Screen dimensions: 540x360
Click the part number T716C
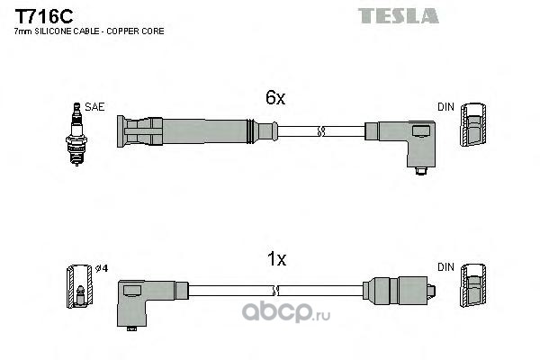tap(44, 16)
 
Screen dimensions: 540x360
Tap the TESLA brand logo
tap(398, 16)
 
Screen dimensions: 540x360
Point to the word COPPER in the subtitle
tap(121, 31)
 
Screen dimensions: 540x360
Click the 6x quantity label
tap(275, 98)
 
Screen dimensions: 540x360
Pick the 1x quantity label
tap(276, 259)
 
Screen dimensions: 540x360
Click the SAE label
tap(94, 107)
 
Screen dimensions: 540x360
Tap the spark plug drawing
tap(76, 134)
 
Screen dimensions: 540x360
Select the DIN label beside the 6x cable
tap(446, 107)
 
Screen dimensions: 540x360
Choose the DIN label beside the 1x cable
tap(446, 267)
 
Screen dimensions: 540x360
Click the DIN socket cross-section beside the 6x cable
tap(473, 124)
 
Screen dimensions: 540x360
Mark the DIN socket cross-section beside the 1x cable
tap(473, 285)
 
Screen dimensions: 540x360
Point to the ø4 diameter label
tap(102, 268)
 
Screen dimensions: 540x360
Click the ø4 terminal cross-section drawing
tap(80, 286)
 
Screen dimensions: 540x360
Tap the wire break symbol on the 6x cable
tap(321, 131)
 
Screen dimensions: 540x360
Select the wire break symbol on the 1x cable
tap(275, 291)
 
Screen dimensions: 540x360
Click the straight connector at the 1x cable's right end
tap(399, 291)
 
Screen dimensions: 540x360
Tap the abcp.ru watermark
tap(286, 312)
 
